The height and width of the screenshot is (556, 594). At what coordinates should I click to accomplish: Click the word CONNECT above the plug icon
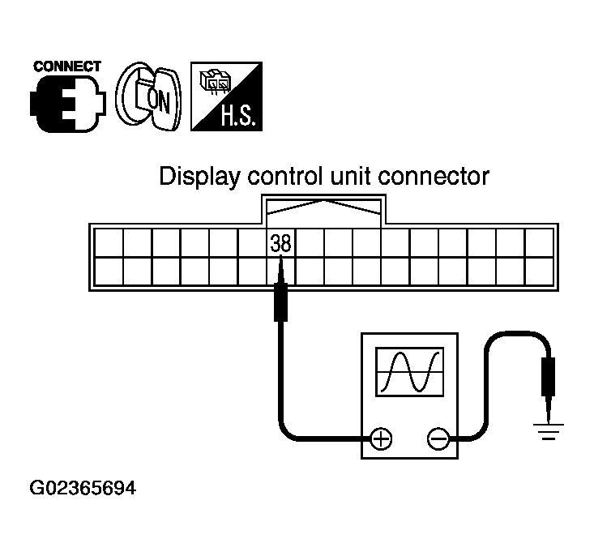pos(66,66)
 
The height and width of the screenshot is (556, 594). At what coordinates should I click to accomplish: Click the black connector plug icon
pos(66,101)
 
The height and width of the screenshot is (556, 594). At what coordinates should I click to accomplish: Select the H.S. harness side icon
pos(225,97)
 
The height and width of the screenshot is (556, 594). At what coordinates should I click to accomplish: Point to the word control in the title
pos(276,176)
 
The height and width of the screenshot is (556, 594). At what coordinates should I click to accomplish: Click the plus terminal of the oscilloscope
pos(381,439)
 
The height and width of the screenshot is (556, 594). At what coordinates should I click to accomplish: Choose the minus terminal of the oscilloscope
pos(438,439)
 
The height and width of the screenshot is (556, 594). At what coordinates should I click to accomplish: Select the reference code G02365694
pos(83,489)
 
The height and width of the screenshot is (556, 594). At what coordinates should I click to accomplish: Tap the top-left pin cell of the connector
pos(109,242)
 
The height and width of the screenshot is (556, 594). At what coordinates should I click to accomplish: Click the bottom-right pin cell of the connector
pos(537,270)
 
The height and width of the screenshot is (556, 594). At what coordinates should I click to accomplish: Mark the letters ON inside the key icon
pos(151,101)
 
